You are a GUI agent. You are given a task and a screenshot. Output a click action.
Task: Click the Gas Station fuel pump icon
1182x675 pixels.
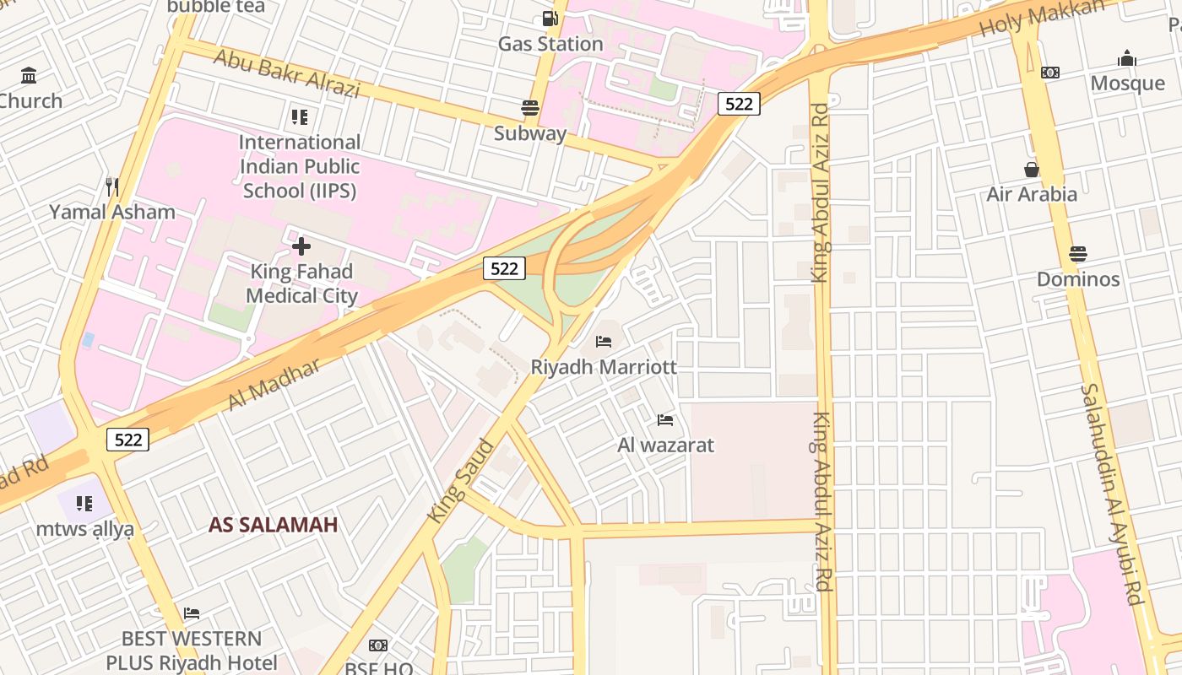(550, 19)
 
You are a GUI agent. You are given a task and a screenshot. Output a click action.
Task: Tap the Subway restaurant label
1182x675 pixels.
(530, 133)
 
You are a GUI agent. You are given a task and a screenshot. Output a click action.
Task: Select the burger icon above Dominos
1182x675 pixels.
(1078, 253)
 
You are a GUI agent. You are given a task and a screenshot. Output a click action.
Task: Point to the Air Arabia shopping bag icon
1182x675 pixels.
(1032, 170)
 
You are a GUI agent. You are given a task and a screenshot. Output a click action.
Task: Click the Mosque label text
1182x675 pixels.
(1127, 83)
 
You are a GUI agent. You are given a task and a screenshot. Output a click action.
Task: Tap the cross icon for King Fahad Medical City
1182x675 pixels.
(301, 246)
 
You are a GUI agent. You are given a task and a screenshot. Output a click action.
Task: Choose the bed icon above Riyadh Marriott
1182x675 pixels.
(604, 342)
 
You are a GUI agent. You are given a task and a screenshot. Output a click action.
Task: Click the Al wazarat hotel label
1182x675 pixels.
(666, 445)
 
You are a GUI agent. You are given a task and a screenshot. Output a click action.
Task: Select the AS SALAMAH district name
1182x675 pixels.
(273, 525)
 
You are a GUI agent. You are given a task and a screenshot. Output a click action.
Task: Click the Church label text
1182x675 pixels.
(30, 100)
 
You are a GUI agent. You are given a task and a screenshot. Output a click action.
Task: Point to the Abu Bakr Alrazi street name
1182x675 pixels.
(286, 73)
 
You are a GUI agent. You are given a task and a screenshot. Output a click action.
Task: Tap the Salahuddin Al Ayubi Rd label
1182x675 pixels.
(1111, 494)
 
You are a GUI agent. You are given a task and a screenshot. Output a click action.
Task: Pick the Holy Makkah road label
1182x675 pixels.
(1042, 18)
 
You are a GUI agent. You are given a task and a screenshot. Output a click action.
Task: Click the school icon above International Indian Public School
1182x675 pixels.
(300, 116)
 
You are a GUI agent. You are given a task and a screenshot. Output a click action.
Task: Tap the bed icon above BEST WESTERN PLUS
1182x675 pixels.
(192, 613)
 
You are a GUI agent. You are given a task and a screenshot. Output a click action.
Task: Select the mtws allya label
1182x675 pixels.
(84, 529)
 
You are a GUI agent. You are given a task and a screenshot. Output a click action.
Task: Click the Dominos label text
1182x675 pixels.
(1078, 278)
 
